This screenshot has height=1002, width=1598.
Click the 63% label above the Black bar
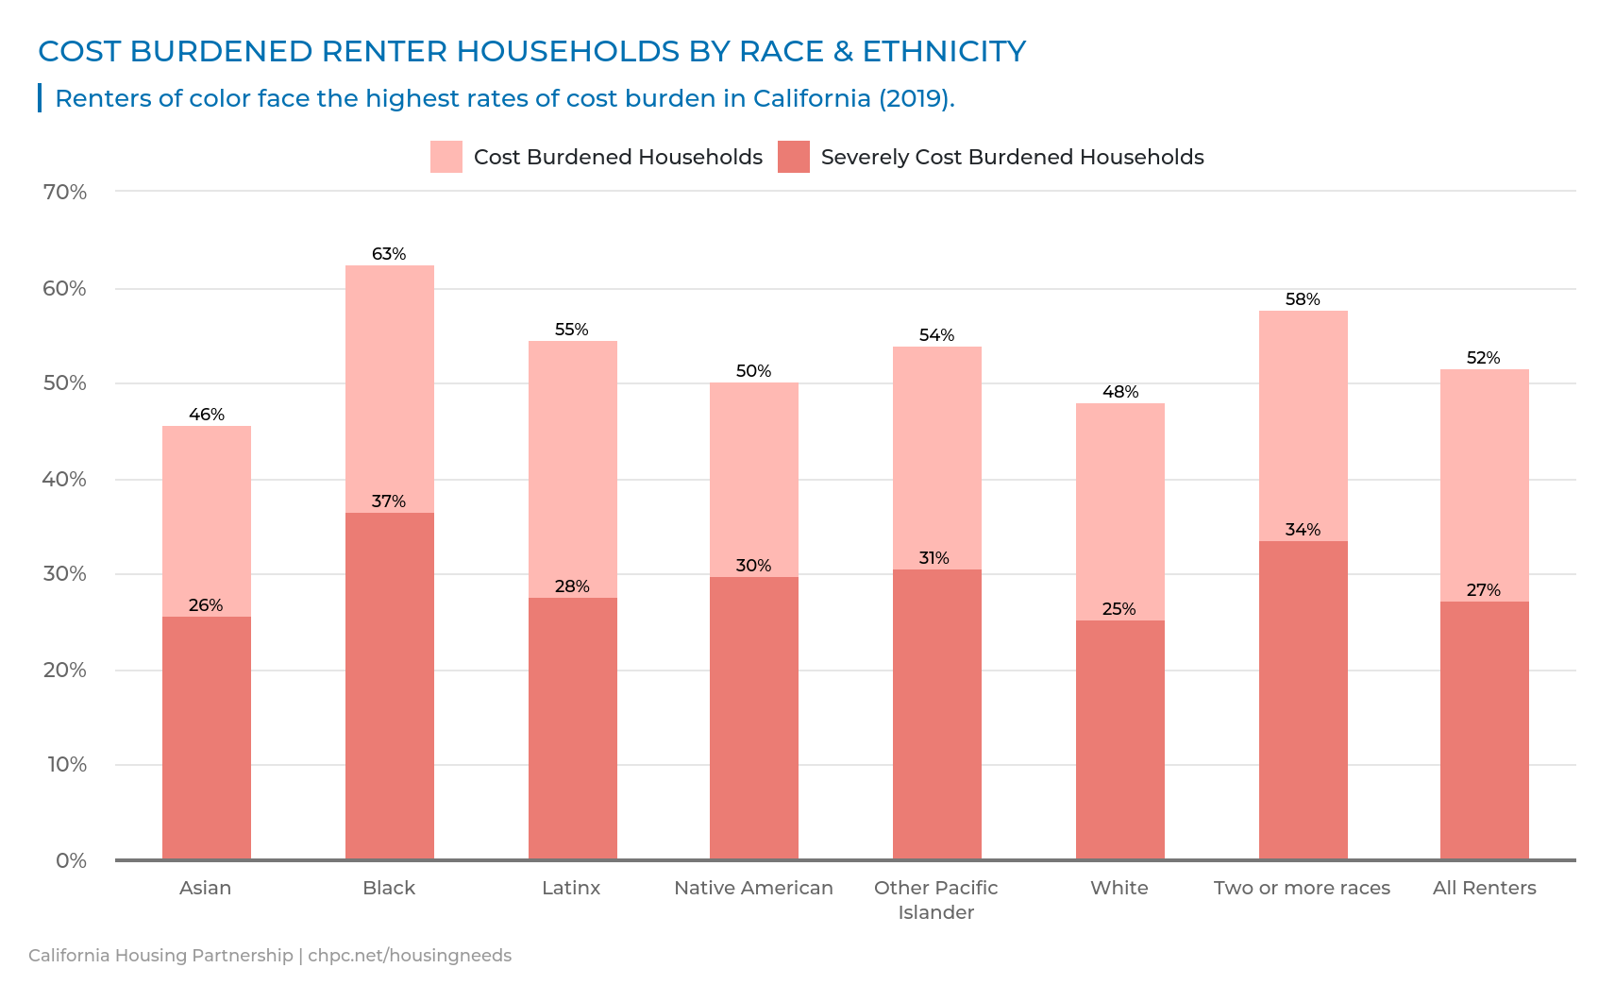coord(389,254)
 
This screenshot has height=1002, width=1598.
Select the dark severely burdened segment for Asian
coord(207,738)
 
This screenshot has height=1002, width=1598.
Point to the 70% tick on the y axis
coord(64,193)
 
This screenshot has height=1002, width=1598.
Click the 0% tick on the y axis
coord(71,860)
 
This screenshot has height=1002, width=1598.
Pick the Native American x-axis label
coord(753,888)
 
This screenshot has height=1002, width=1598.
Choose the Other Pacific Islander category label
coord(935,899)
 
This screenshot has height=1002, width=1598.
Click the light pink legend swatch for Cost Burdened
coord(446,157)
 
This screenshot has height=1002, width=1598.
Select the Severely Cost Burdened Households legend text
coord(1012,157)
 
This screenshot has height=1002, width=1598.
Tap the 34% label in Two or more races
coord(1303,530)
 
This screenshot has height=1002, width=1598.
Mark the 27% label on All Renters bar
coord(1484,590)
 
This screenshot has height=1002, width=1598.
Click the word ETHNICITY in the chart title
coord(944,51)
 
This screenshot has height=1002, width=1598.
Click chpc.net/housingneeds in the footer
coord(410,955)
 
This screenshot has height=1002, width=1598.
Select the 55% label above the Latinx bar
coord(572,330)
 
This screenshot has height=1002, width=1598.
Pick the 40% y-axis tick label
coord(64,480)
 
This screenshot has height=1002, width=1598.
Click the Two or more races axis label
coord(1302,888)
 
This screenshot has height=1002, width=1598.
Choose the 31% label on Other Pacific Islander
coord(934,558)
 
